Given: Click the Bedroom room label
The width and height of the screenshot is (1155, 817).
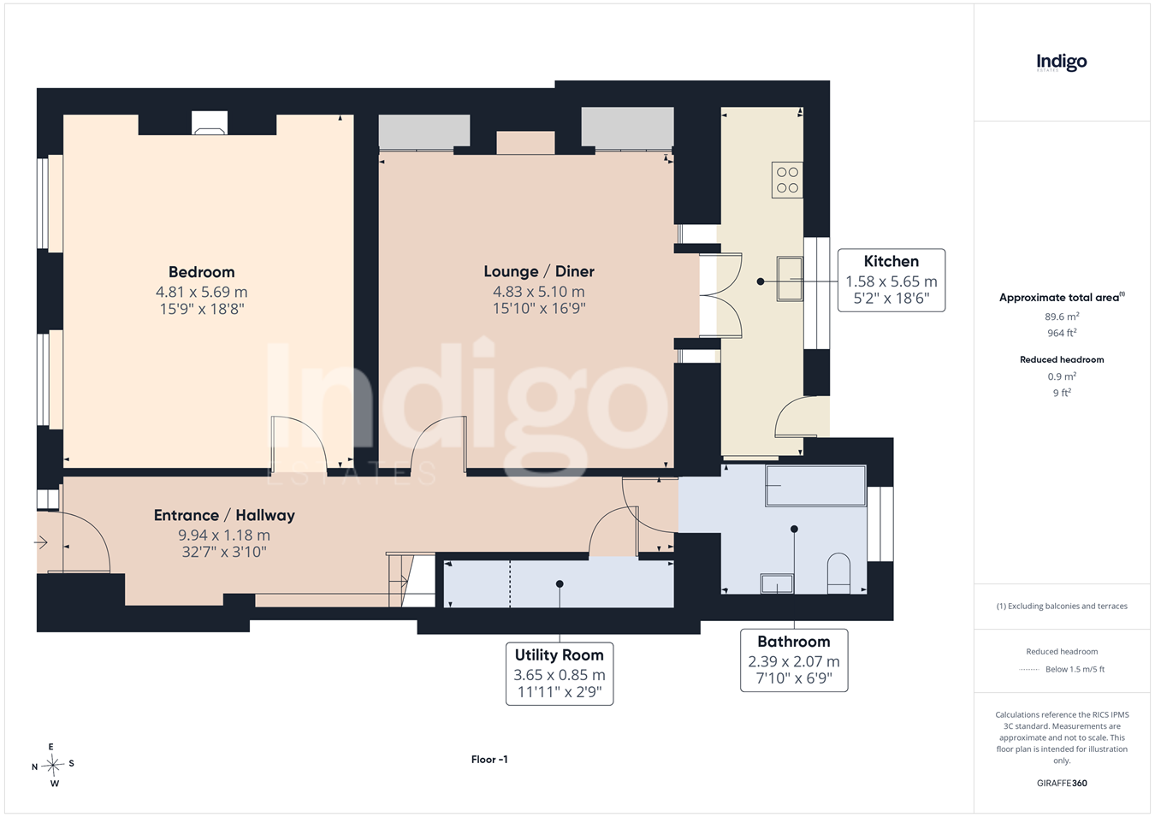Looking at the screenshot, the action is click(202, 272).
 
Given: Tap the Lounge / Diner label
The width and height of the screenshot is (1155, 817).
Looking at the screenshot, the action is click(539, 271).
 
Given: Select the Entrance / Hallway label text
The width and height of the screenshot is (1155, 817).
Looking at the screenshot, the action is click(224, 515).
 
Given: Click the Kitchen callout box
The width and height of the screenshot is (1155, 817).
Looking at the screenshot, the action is click(891, 281).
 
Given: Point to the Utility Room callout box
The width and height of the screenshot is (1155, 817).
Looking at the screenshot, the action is click(560, 673).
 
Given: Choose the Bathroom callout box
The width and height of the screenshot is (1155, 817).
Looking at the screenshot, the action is click(794, 660).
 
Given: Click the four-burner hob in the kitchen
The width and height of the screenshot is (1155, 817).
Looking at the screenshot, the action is click(787, 180).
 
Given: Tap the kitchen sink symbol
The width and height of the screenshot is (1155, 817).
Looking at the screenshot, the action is click(790, 279).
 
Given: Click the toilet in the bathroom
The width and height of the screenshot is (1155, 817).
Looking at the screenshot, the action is click(838, 573).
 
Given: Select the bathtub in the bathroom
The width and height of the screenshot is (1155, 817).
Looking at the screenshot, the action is click(815, 486).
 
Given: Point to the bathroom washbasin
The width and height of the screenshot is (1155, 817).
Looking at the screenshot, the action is click(777, 583).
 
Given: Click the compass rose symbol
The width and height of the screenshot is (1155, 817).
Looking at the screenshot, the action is click(53, 765).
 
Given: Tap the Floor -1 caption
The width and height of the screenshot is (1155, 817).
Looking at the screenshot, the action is click(489, 760).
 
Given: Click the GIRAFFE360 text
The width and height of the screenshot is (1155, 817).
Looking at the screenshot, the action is click(1062, 783).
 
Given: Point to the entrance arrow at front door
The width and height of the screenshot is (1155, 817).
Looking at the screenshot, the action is click(41, 542).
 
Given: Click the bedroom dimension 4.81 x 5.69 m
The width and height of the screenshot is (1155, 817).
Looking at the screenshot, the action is click(202, 292).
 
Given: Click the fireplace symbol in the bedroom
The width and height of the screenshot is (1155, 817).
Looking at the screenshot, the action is click(210, 123).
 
